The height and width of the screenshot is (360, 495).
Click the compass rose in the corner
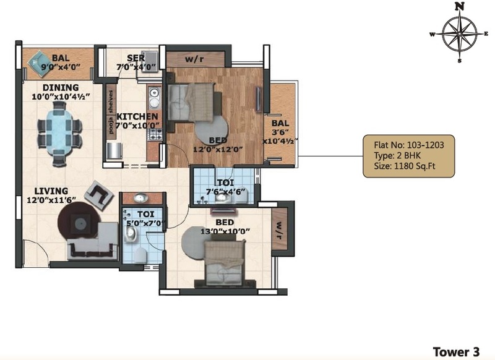pyautogui.click(x=459, y=33)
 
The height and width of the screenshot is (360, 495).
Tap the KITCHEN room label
pyautogui.click(x=137, y=116)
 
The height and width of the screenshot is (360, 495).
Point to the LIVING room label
pyautogui.click(x=51, y=191)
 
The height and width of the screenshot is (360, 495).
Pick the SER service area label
pyautogui.click(x=136, y=58)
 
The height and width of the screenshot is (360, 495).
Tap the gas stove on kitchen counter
pyautogui.click(x=155, y=134)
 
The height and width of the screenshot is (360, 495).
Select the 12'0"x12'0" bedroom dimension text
pyautogui.click(x=218, y=149)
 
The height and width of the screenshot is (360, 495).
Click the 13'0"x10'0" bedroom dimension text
pyautogui.click(x=225, y=231)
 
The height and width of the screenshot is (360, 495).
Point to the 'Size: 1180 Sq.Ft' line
pyautogui.click(x=405, y=166)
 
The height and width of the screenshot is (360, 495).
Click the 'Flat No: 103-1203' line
pyautogui.click(x=409, y=145)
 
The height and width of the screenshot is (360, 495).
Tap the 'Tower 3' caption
pyautogui.click(x=456, y=351)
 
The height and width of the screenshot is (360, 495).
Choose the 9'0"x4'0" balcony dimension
pyautogui.click(x=61, y=67)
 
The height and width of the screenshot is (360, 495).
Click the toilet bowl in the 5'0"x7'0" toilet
pyautogui.click(x=140, y=255)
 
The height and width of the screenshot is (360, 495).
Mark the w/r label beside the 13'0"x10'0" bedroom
pyautogui.click(x=279, y=230)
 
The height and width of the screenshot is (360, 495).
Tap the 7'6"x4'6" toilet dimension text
pyautogui.click(x=225, y=191)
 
